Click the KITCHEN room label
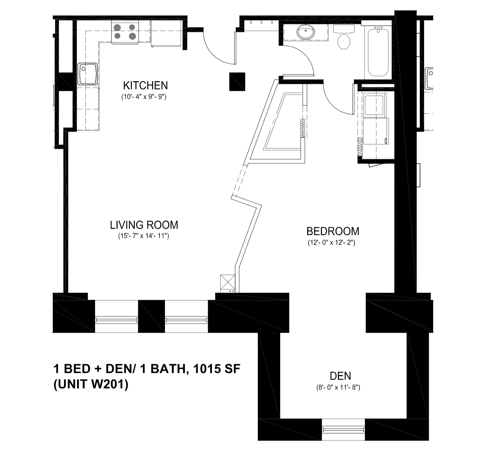click(x=145, y=85)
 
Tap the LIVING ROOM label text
click(x=144, y=225)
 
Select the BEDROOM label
click(x=333, y=231)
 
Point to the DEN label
click(x=340, y=376)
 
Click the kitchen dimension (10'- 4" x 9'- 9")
click(x=144, y=96)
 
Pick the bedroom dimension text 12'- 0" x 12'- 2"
click(x=331, y=242)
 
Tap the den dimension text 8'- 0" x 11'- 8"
click(x=338, y=387)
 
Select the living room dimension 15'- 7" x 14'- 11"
click(x=143, y=236)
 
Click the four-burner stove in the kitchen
click(x=125, y=32)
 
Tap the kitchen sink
click(x=88, y=74)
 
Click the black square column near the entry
click(x=237, y=82)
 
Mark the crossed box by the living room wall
click(x=228, y=282)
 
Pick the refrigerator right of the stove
click(x=167, y=33)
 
